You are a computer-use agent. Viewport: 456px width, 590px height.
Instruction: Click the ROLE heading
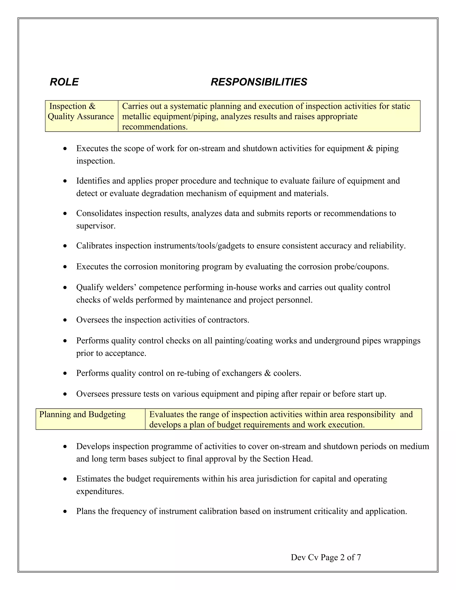[x=64, y=82]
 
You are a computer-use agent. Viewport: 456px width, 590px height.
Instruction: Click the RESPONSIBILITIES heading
[x=259, y=82]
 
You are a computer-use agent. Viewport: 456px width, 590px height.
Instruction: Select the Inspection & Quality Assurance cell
[x=81, y=112]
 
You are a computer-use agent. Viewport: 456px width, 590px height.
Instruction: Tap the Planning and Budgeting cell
[x=82, y=414]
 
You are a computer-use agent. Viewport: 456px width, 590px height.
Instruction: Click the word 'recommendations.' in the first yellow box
[x=155, y=127]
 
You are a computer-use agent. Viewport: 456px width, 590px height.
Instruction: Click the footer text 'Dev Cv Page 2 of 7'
[x=326, y=557]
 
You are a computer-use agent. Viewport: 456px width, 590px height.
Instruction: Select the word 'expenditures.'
[x=100, y=491]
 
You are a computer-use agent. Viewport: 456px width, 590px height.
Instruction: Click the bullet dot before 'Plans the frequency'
[x=65, y=512]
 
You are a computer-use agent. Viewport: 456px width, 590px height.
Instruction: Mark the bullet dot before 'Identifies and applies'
[x=65, y=181]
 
